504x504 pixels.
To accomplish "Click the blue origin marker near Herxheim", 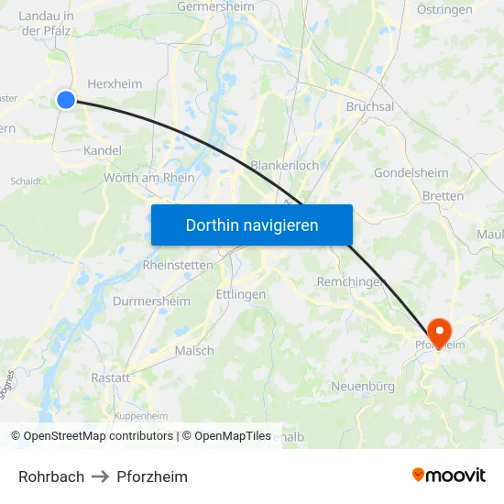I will tap(66, 100).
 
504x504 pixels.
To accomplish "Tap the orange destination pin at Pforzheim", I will tap(439, 332).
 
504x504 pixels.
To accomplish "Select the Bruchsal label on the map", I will tap(370, 106).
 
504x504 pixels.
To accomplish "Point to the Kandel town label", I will tap(102, 149).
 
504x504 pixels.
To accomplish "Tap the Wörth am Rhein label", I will tap(149, 178).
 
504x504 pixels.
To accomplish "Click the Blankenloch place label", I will tap(285, 166).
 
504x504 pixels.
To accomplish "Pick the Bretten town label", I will tap(444, 196).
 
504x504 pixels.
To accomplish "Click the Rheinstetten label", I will tap(178, 265).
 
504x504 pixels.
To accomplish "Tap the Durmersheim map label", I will tap(151, 301).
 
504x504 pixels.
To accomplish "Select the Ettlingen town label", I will tap(240, 294).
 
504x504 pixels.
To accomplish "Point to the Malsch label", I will tap(194, 350).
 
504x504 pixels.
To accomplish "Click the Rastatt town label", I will tap(110, 378).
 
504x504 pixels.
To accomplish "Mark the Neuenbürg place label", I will tap(363, 387).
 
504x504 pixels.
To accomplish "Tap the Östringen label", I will tap(444, 10).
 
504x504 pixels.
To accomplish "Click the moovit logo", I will tap(449, 475).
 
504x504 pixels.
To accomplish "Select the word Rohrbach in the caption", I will tap(51, 477).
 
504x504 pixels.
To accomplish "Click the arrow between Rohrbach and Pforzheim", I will tap(101, 477).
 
